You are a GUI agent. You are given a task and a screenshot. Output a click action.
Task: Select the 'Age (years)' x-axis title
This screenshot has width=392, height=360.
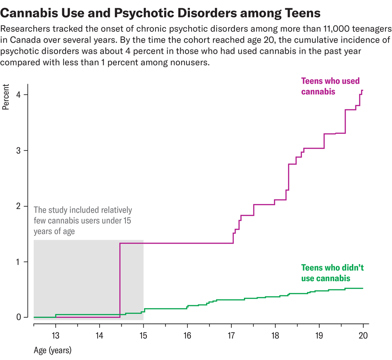pos(52,350)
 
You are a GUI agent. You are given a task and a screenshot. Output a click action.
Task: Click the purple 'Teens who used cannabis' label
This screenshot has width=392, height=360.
pos(331,86)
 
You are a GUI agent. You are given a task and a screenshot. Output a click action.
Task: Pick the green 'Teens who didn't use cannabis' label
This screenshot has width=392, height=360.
pos(332,273)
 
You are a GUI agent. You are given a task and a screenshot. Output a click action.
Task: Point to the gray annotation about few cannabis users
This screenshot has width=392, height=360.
pos(83,221)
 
